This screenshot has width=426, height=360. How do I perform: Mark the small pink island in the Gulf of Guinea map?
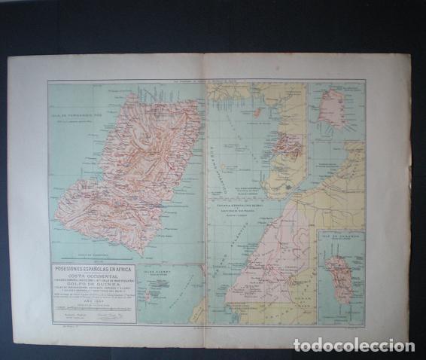pyautogui.click(x=259, y=111)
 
